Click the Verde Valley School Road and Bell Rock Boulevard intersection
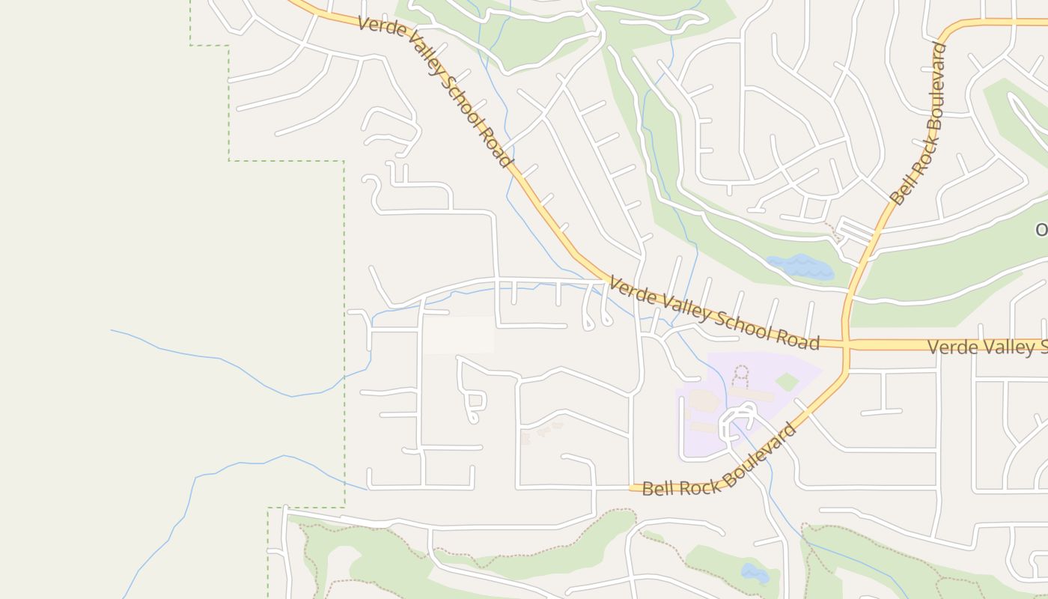(x=846, y=345)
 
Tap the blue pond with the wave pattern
(x=799, y=267)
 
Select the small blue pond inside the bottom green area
(x=755, y=574)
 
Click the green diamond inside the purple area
(x=787, y=382)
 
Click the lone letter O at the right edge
(x=1041, y=230)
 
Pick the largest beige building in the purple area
(x=704, y=400)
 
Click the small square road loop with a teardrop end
(x=472, y=401)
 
